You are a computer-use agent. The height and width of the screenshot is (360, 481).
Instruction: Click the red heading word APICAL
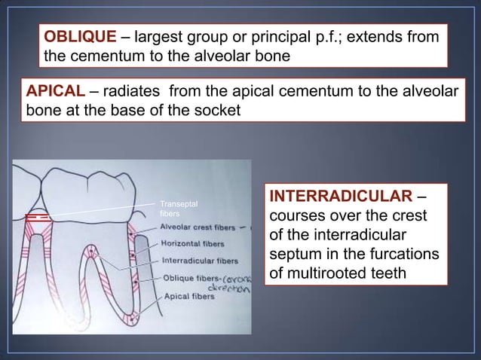click(55, 92)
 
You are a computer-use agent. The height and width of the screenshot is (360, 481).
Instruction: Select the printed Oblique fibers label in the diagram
click(191, 278)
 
